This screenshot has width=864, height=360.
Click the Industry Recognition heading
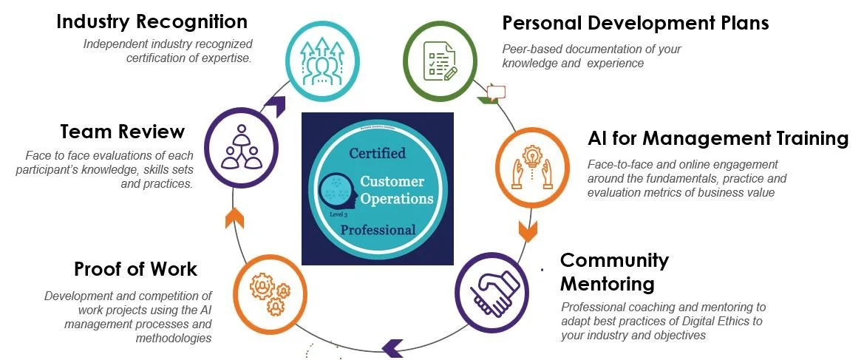click(152, 21)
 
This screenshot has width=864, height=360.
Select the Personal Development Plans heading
click(636, 23)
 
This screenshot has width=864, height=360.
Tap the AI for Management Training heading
click(718, 138)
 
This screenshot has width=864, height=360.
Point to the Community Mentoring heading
click(614, 271)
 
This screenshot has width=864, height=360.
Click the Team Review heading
click(122, 132)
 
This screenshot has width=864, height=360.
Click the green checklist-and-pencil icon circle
click(439, 59)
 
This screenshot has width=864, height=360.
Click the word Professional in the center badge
click(378, 230)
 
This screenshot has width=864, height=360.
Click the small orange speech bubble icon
click(497, 92)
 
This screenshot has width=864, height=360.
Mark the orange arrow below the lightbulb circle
click(528, 231)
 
